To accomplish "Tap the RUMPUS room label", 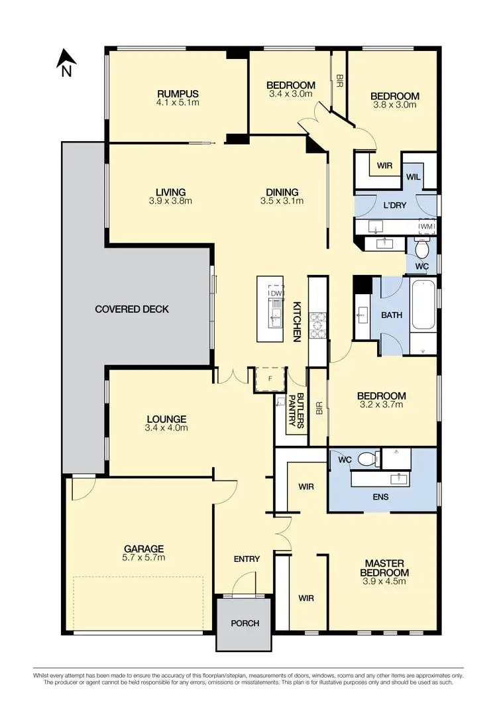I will point(178,94).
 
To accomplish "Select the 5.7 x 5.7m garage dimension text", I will point(144,558).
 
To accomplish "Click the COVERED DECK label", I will point(132,309).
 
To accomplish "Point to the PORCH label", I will point(245,623).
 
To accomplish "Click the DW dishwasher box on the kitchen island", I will point(276,293).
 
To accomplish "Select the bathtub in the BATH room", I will point(424,305).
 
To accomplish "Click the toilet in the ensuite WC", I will point(365,459).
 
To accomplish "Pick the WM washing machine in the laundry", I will point(426,226).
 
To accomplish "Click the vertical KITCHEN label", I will point(298,321).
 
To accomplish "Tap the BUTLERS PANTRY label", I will point(296,411).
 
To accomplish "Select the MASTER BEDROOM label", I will point(384,568).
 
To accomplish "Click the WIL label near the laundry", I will point(413,177).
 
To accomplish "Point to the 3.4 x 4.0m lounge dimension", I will point(166,428).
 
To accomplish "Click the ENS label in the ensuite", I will point(381,496).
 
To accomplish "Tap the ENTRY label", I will point(247,559).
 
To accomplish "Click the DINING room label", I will point(282,193).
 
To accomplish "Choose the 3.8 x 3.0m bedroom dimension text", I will point(394,105).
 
